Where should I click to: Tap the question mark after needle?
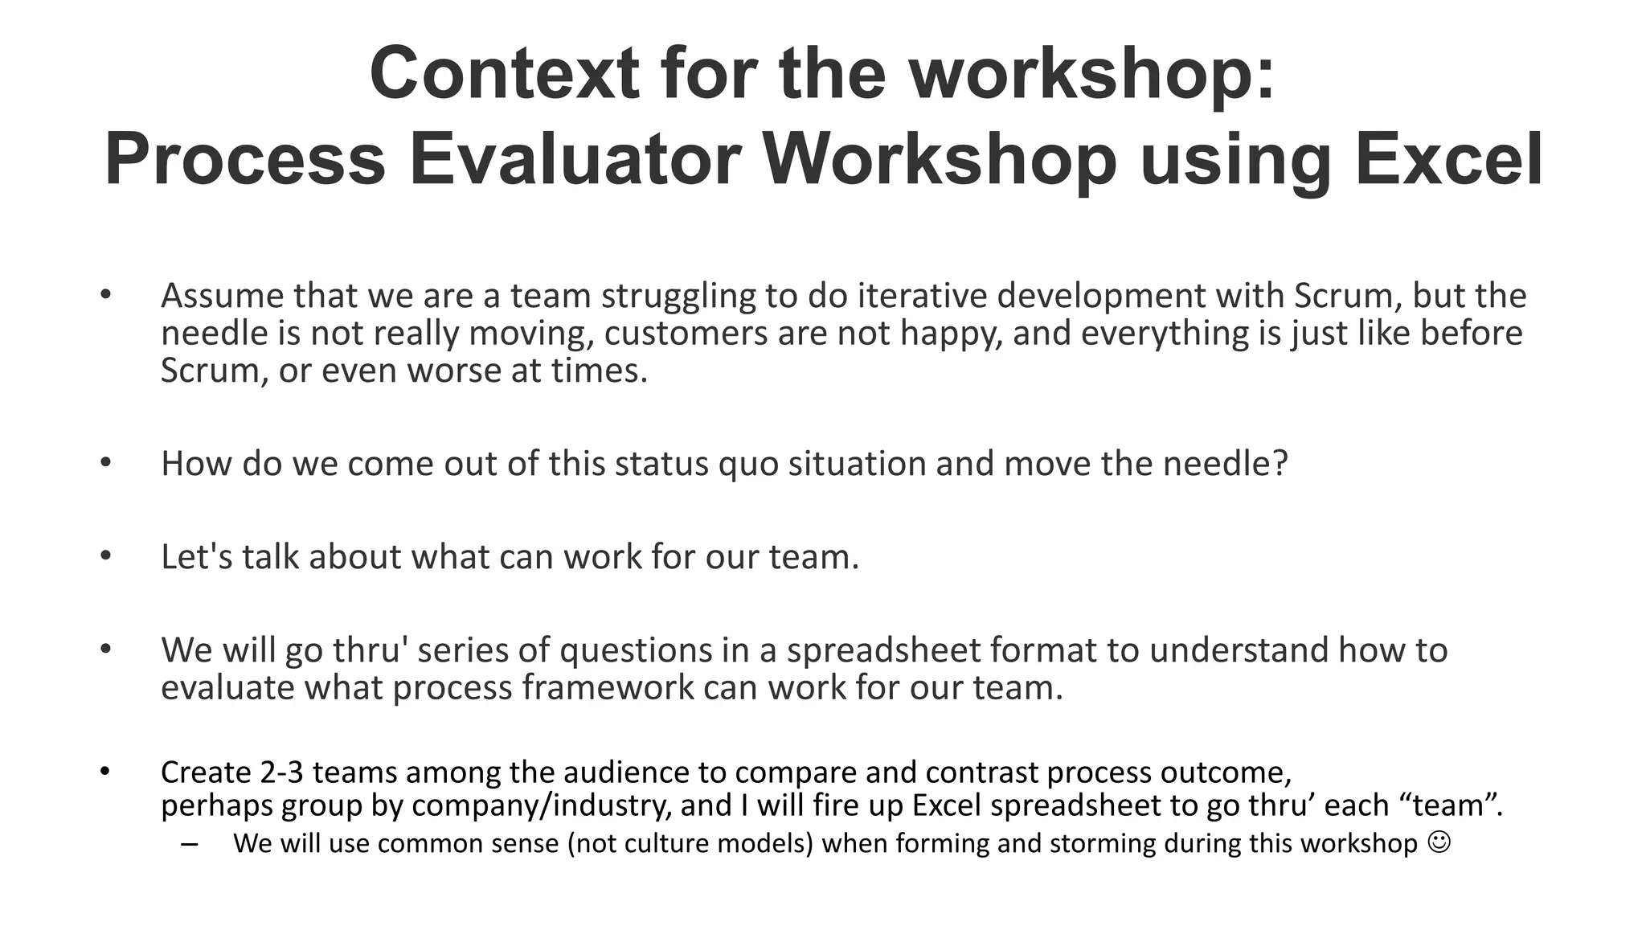1280,464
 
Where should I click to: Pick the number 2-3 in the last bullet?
281,772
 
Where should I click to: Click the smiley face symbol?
1440,842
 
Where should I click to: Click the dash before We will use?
190,843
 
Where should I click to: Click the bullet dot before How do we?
105,464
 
